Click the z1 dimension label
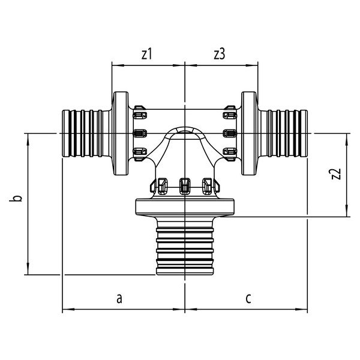tap(147, 55)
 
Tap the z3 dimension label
tap(220, 55)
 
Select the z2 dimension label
tap(337, 174)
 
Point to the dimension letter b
tap(16, 199)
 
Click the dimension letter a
tap(119, 298)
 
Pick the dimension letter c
tap(248, 298)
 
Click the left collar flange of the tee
tap(121, 133)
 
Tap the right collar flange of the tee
tap(249, 133)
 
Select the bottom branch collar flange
tap(185, 207)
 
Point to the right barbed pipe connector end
tap(284, 133)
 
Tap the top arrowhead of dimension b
tap(28, 139)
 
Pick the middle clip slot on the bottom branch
tap(185, 185)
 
